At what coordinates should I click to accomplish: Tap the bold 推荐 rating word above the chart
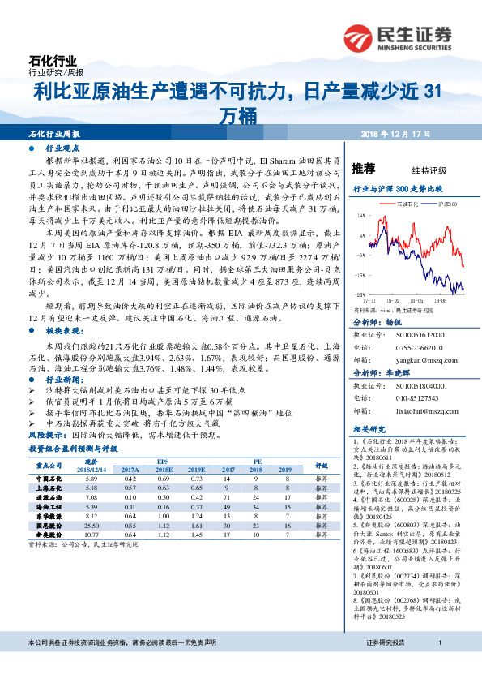coord(364,169)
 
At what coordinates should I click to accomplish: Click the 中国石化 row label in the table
coord(50,480)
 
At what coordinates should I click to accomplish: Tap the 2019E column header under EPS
coord(194,470)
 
